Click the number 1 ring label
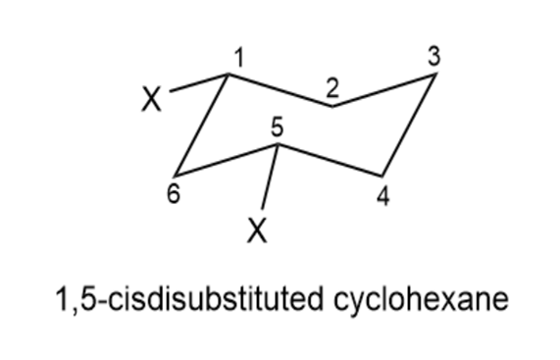point(239,58)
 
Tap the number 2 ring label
point(332,88)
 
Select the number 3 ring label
point(433,56)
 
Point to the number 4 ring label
point(383,196)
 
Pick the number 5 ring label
point(278,128)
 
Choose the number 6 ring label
point(174,194)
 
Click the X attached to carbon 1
point(152,99)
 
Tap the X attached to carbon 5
point(257,231)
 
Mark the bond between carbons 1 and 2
point(280,90)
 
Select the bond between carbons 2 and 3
point(384,89)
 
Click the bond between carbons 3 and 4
point(409,125)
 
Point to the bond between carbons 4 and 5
point(330,160)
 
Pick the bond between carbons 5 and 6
point(227,160)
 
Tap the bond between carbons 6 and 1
point(201,125)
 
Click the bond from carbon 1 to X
point(199,82)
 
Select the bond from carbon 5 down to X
point(270,177)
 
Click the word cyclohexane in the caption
point(421,299)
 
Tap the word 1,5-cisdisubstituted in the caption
point(189,298)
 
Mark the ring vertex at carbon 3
point(435,74)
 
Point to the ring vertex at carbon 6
point(175,176)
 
